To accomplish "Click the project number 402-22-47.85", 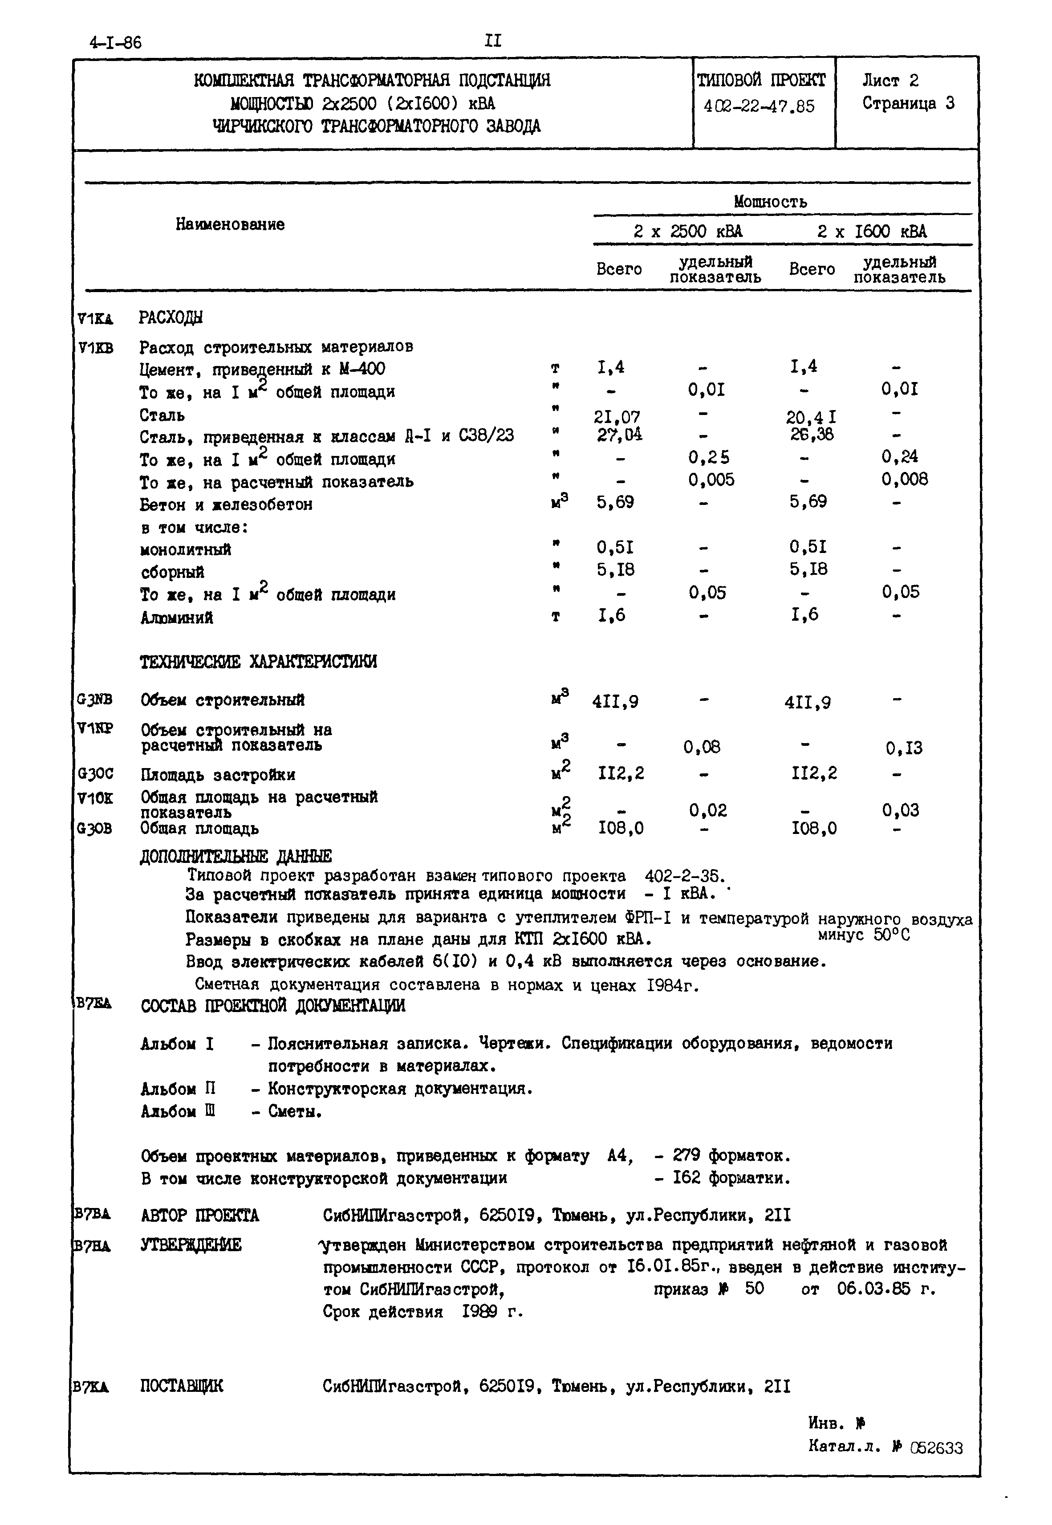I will pyautogui.click(x=759, y=106).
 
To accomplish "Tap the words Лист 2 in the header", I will pyautogui.click(x=890, y=81).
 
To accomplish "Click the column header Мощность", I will pyautogui.click(x=770, y=202).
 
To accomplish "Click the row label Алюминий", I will pyautogui.click(x=177, y=618).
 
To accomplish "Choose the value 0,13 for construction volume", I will pyautogui.click(x=904, y=748).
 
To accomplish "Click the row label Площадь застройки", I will pyautogui.click(x=218, y=774).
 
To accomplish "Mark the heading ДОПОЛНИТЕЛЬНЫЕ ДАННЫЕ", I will pyautogui.click(x=236, y=856).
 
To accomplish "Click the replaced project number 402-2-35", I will pyautogui.click(x=684, y=876).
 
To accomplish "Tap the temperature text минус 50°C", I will pyautogui.click(x=864, y=935).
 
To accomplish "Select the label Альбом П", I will pyautogui.click(x=178, y=1088).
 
